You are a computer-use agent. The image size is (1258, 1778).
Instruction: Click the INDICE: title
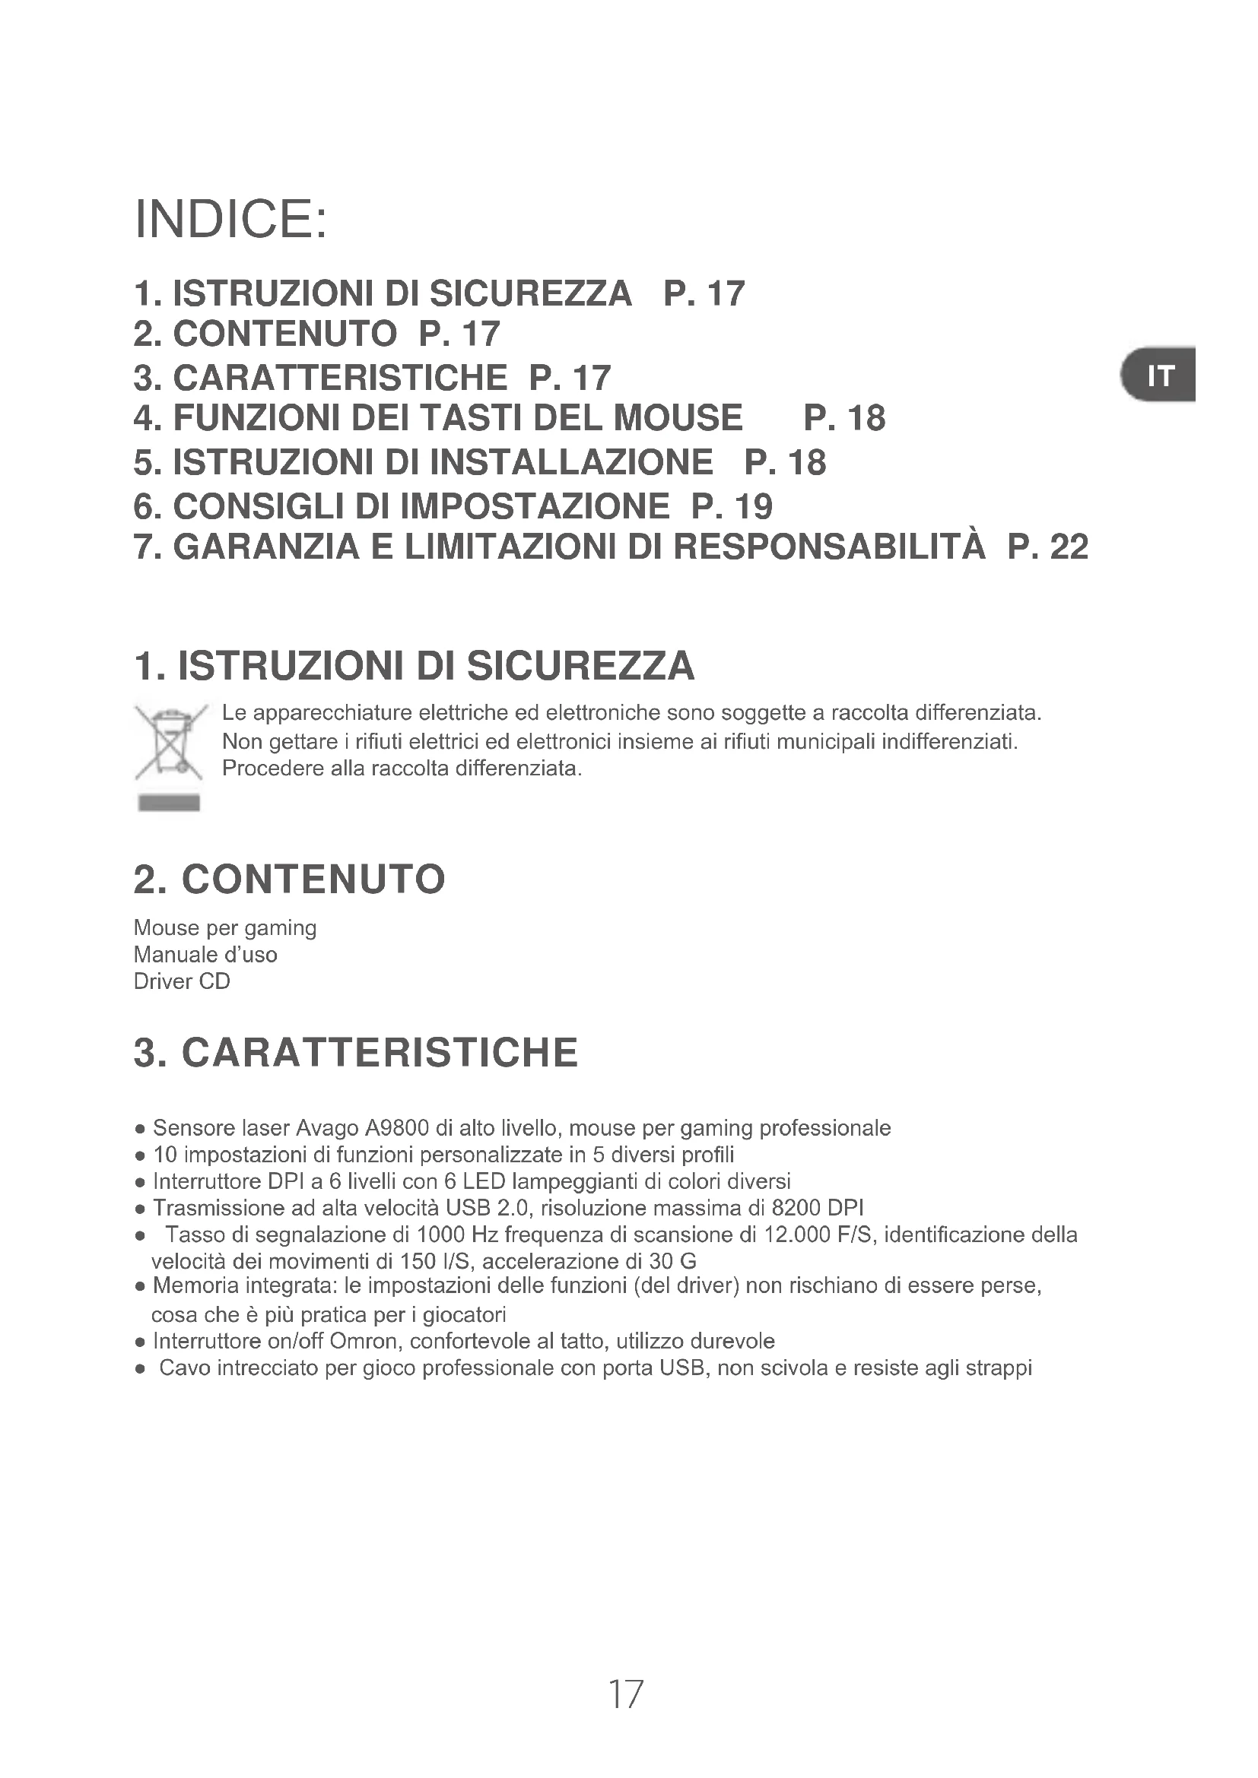231,219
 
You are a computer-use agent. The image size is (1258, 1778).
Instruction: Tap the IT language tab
1160,376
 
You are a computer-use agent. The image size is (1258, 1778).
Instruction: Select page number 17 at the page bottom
625,1694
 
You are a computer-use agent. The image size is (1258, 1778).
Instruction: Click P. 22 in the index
1048,547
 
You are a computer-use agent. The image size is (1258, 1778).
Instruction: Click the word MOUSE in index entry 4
678,418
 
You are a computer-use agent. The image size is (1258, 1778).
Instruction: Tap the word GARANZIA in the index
266,547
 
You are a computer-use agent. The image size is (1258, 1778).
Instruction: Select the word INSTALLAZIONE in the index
571,462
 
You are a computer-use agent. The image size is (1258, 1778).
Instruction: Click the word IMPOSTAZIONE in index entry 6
535,506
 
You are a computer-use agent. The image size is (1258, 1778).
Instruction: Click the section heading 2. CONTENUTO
290,879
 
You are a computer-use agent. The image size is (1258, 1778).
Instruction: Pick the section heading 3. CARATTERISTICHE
355,1052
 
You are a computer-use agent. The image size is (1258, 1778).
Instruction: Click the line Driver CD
182,981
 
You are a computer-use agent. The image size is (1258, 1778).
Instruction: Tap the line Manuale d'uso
205,954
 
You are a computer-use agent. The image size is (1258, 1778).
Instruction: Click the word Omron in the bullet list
363,1340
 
